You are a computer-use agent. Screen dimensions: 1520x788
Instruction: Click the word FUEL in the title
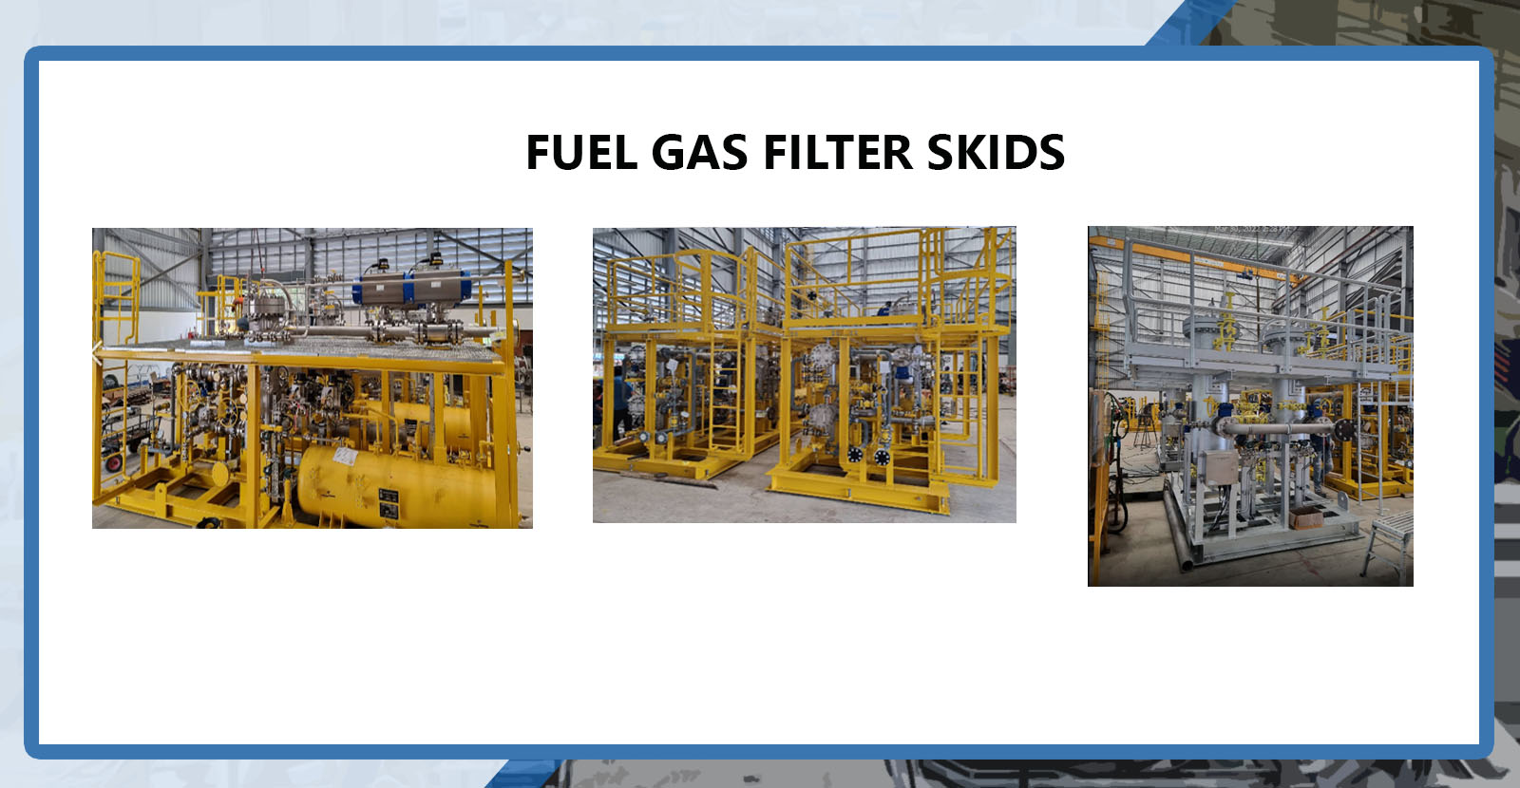point(581,152)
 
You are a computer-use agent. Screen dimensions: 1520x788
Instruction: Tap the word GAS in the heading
point(699,152)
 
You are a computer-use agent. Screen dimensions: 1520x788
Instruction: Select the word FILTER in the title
point(838,152)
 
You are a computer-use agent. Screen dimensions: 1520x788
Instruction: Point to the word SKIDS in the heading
point(997,152)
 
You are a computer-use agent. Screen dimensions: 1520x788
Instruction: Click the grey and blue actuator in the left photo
point(411,289)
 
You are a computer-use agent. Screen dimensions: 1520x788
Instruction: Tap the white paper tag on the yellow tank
point(345,456)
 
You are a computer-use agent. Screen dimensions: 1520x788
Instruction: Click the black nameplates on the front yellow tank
point(389,503)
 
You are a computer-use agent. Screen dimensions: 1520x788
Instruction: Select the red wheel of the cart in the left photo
point(113,462)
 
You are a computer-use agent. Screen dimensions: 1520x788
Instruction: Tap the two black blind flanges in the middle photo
point(868,456)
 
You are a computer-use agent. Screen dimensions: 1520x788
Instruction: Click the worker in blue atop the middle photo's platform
point(884,310)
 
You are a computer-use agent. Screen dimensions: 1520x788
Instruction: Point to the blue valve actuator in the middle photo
point(902,373)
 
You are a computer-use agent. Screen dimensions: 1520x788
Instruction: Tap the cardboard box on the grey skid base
point(1305,517)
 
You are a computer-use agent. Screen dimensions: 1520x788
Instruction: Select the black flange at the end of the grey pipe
point(1344,430)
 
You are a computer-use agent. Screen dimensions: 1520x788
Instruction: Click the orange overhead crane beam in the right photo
point(1195,260)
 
